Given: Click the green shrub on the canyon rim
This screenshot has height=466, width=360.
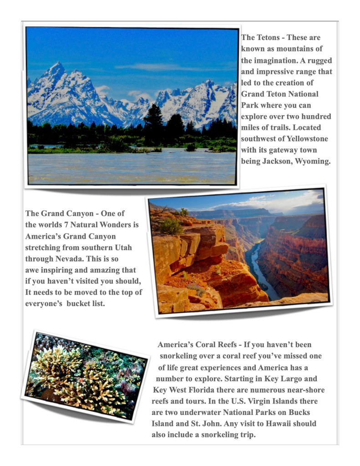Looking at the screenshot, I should (170, 225).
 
